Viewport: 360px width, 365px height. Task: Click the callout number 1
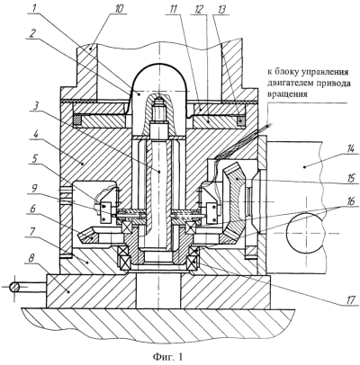pos(34,8)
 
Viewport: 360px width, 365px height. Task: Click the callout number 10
pos(119,8)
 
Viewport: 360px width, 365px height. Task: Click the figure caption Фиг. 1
pos(167,357)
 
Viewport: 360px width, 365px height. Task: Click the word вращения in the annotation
pos(287,94)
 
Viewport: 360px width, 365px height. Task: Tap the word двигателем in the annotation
pos(287,84)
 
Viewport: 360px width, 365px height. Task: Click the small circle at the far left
pos(14,288)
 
